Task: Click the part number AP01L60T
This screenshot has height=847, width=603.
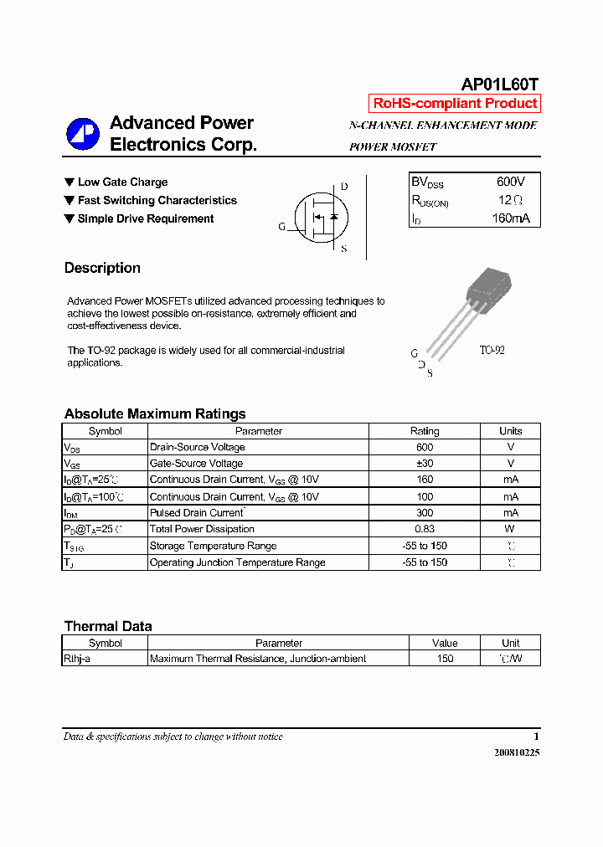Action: click(500, 84)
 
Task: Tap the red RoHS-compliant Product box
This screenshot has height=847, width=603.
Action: click(455, 104)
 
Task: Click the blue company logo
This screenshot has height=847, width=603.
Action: click(83, 134)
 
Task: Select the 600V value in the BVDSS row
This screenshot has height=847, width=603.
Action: click(510, 182)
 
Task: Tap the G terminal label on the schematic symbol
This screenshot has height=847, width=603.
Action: click(282, 227)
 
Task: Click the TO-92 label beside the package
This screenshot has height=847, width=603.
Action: click(492, 350)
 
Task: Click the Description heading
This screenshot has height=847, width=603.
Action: click(102, 268)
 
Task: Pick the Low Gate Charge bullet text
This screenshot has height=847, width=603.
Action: click(122, 182)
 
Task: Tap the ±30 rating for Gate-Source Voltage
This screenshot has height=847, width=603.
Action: click(424, 464)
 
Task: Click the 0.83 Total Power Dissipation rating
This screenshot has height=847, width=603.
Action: click(424, 529)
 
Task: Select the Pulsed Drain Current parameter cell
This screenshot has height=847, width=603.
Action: click(198, 513)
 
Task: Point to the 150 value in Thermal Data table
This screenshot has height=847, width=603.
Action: click(445, 659)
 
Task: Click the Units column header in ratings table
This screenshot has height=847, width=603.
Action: click(510, 431)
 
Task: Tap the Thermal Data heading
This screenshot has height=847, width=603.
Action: click(108, 626)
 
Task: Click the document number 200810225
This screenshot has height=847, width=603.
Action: click(517, 752)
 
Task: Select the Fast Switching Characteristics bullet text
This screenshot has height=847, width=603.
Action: click(157, 201)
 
